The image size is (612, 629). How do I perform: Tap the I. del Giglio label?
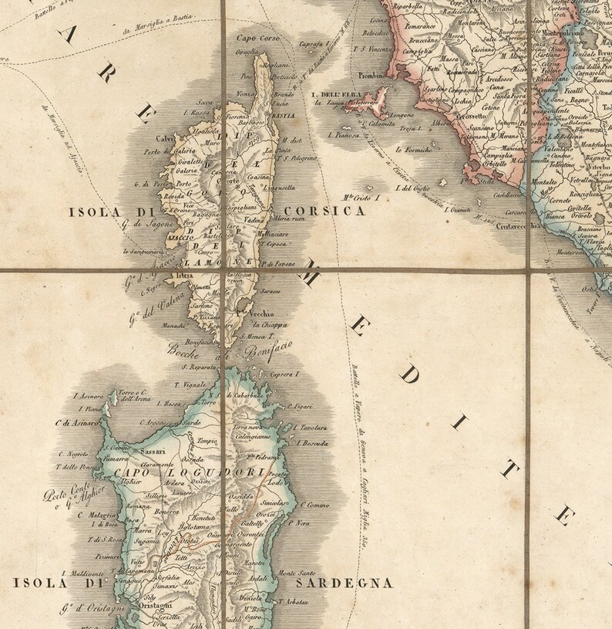[x=412, y=187]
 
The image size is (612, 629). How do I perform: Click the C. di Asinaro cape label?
[x=78, y=424]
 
